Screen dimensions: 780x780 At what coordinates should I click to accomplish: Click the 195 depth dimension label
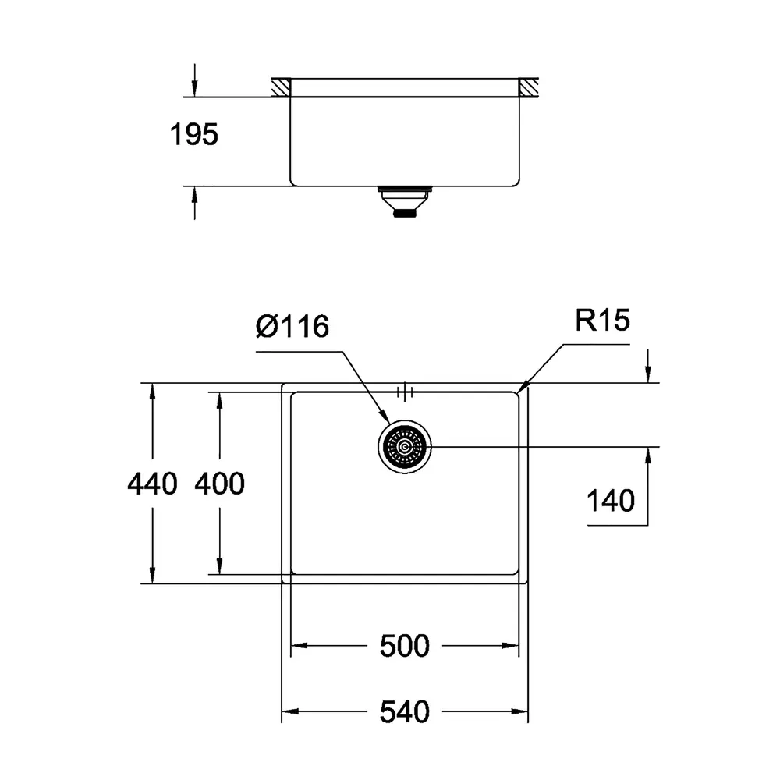click(194, 135)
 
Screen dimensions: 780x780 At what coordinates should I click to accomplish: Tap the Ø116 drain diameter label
click(292, 326)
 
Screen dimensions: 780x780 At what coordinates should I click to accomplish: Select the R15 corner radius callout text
click(602, 320)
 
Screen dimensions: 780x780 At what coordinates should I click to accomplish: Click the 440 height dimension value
click(152, 484)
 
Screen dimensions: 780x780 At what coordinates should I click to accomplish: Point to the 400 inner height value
click(219, 484)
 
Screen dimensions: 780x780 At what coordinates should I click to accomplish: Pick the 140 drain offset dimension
click(611, 501)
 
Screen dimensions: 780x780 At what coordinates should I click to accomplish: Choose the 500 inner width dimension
click(404, 646)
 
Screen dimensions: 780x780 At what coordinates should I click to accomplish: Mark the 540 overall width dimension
click(404, 712)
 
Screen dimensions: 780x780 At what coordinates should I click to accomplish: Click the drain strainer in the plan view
click(404, 447)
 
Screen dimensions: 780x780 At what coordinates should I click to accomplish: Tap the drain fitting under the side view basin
click(404, 202)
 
